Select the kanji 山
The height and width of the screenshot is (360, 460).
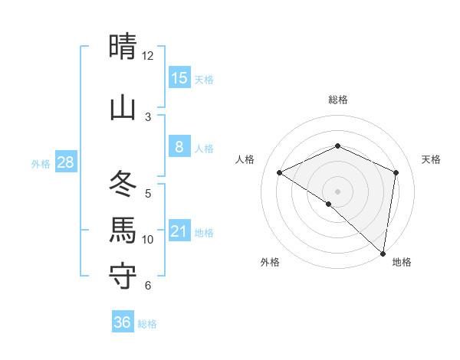click(123, 107)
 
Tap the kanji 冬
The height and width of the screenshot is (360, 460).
click(123, 183)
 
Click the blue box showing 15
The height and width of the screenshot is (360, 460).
click(179, 77)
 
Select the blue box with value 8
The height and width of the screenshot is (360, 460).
click(179, 147)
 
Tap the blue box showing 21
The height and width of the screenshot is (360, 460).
click(179, 231)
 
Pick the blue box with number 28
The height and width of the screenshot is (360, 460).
click(65, 162)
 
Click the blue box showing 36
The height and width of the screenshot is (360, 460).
click(123, 322)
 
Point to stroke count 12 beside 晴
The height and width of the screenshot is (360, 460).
click(148, 56)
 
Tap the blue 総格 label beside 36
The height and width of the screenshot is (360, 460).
click(147, 324)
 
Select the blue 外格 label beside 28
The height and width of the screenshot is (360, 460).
click(41, 163)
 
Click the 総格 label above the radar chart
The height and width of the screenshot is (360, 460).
click(337, 100)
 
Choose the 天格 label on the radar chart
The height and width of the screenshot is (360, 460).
click(431, 159)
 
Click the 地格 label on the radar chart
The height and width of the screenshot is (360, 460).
click(402, 262)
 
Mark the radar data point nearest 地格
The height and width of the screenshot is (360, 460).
click(382, 253)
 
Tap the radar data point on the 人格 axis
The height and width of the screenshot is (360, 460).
click(280, 173)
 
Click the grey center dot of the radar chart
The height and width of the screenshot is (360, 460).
click(337, 191)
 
